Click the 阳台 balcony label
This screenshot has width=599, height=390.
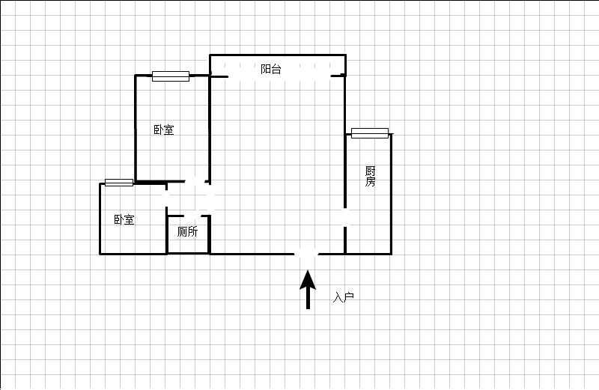[271, 69]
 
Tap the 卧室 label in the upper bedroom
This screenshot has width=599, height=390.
[164, 130]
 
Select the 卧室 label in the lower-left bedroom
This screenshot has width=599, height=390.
[124, 219]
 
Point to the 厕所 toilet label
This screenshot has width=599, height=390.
[187, 231]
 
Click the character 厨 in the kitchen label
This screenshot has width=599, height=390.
[370, 171]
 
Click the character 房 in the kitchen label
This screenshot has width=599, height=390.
[370, 181]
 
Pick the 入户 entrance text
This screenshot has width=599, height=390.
[344, 297]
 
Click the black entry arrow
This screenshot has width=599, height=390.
[308, 289]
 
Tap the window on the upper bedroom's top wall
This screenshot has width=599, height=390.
[171, 76]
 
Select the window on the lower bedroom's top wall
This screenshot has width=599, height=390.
[119, 183]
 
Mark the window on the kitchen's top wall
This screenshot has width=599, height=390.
[370, 133]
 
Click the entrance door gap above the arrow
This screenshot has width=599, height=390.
[306, 254]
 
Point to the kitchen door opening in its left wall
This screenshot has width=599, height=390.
[345, 217]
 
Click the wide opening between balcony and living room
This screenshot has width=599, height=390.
[279, 76]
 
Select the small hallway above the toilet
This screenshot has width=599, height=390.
[188, 199]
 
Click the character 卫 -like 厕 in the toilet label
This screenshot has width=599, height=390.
[182, 231]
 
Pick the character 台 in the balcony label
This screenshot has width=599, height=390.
[276, 69]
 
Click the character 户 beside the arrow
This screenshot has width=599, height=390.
[349, 297]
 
